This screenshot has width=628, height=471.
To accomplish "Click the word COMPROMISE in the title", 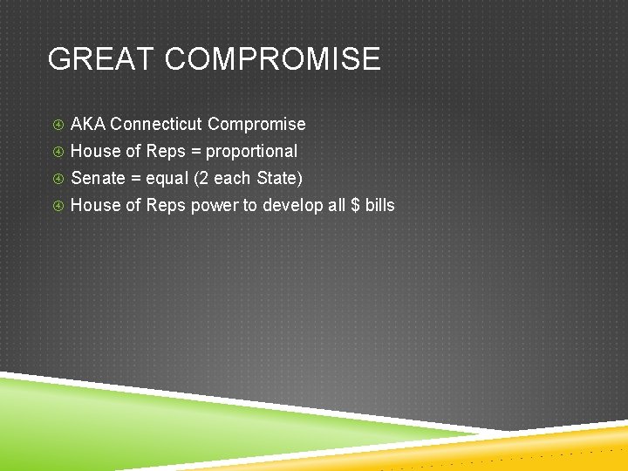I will click(x=272, y=59).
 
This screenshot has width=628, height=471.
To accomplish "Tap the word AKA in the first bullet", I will click(x=88, y=124).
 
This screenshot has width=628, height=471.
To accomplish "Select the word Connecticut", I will click(x=157, y=124).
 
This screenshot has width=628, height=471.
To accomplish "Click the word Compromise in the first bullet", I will click(x=256, y=125).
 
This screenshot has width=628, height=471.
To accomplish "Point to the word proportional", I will click(x=251, y=152).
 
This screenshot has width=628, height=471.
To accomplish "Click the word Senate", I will click(x=98, y=178).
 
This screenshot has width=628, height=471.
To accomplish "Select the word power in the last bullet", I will click(x=214, y=206).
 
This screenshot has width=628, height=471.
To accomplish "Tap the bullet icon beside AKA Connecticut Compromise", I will click(x=57, y=125).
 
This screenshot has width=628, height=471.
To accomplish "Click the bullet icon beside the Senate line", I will click(x=57, y=179).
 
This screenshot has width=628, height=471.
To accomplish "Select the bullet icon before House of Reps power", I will click(x=57, y=206).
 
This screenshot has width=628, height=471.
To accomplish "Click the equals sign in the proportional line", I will click(x=196, y=151).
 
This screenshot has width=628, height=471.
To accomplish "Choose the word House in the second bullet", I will click(x=96, y=151).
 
